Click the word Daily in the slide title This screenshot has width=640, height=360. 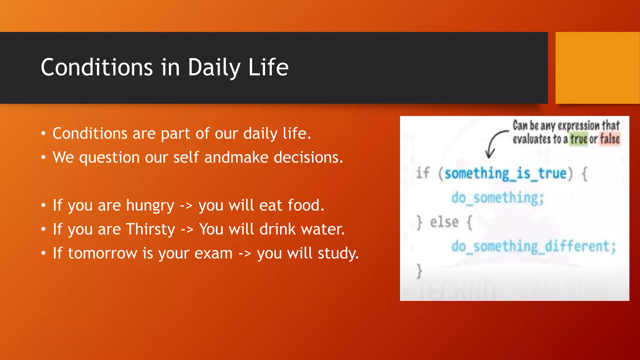click(214, 68)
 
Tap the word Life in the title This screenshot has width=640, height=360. click(268, 67)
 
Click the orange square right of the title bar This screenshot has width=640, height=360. click(597, 68)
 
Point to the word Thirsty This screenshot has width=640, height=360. click(151, 229)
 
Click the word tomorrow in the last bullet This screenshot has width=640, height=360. click(102, 253)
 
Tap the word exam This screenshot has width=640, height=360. click(213, 253)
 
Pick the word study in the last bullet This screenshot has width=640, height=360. click(338, 253)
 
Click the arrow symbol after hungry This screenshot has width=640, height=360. click(186, 206)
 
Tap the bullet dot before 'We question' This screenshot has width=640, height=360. click(43, 157)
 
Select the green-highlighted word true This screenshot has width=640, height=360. click(579, 139)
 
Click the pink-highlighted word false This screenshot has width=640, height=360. click(610, 139)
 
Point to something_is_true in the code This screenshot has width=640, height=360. click(505, 174)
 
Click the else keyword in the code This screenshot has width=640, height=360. click(444, 222)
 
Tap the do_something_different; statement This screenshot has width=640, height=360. click(533, 247)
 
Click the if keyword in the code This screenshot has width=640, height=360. click(423, 173)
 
